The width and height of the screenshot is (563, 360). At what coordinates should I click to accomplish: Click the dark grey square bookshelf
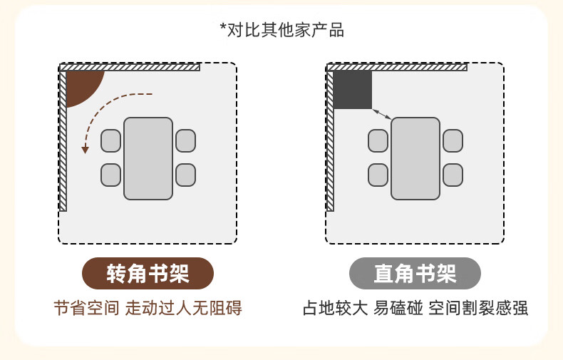(x=353, y=90)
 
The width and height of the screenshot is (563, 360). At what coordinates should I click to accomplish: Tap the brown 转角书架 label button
(x=148, y=273)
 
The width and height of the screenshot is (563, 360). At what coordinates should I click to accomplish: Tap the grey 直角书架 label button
(x=415, y=273)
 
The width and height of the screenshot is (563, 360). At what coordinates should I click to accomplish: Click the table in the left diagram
(x=148, y=158)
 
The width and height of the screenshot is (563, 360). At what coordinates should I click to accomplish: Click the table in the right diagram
(x=415, y=158)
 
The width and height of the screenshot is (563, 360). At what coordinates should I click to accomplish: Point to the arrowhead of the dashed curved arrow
(x=85, y=149)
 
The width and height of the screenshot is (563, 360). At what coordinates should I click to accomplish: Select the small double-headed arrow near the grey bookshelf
(x=382, y=114)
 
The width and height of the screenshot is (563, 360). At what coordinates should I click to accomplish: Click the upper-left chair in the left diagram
(x=110, y=140)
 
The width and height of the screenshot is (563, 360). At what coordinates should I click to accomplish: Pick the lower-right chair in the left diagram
(x=185, y=175)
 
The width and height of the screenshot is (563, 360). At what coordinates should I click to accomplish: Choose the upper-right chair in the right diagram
(x=453, y=140)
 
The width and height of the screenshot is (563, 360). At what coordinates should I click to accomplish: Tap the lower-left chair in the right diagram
(x=378, y=175)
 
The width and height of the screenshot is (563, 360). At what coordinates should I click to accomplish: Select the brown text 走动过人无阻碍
(x=184, y=309)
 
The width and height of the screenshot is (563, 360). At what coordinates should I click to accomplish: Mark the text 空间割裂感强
(x=478, y=309)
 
